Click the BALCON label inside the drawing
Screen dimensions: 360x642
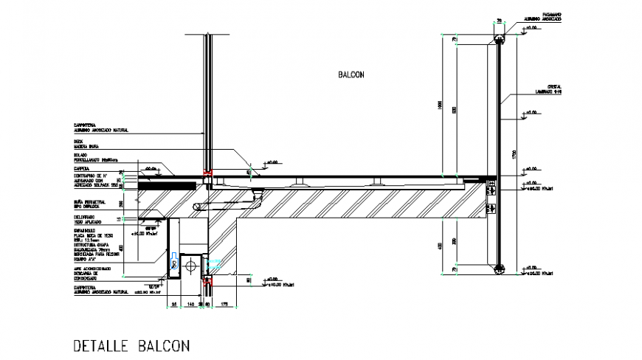point(352,75)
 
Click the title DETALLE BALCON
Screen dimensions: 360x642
point(132,345)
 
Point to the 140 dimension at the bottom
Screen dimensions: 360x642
point(190,302)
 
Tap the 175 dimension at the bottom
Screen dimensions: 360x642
point(224,302)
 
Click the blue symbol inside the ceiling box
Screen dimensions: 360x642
point(175,260)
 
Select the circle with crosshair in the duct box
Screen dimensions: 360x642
point(191,263)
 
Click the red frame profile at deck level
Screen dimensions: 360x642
point(209,177)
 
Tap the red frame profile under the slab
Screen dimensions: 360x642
point(208,281)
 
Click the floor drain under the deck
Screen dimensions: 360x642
point(258,193)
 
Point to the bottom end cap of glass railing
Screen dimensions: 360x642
point(500,267)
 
